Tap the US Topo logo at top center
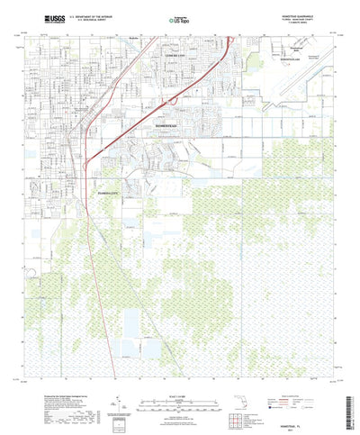182,17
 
